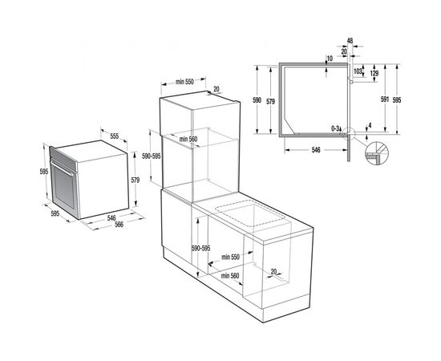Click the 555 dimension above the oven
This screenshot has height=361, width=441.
click(114, 136)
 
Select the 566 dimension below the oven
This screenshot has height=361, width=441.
click(119, 225)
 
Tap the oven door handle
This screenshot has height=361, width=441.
click(62, 168)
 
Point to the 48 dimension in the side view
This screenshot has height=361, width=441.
click(350, 41)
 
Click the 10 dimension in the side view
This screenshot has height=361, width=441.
click(330, 59)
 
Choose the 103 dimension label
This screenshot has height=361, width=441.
click(358, 71)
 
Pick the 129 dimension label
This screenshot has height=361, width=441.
click(374, 74)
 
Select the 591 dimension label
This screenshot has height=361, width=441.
click(385, 99)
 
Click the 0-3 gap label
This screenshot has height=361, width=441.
click(334, 128)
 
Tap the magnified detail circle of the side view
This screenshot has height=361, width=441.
click(377, 153)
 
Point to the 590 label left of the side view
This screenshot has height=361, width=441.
click(257, 100)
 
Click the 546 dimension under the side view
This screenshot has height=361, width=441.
click(316, 150)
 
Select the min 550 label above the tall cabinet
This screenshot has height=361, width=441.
click(184, 82)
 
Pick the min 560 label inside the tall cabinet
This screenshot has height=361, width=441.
click(188, 139)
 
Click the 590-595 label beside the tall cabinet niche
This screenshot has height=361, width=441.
click(151, 156)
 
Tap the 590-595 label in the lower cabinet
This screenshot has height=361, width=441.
click(200, 249)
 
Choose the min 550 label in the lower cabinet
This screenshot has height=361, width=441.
click(230, 257)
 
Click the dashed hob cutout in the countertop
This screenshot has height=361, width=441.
click(251, 213)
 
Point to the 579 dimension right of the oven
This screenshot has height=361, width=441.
click(136, 180)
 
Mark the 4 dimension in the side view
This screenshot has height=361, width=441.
click(370, 125)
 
